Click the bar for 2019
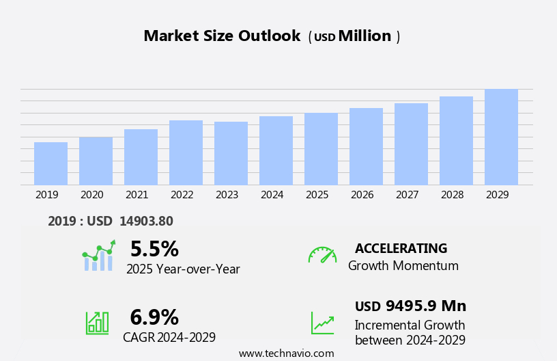point(51,163)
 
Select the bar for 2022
point(186,152)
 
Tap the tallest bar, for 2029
point(501,137)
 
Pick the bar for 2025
point(321,149)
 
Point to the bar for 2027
point(411,144)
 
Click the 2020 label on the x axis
point(91,195)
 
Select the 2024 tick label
point(272,195)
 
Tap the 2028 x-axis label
point(452,195)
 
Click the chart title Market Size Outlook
point(222,36)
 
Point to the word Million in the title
point(365,36)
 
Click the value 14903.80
point(146,221)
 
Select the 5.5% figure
point(154,249)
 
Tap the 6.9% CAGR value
point(154,317)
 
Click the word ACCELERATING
point(401,249)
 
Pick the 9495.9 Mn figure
point(425,306)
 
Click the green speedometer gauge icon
point(322,255)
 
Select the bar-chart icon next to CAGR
point(97,323)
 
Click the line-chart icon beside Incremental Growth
point(322,323)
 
